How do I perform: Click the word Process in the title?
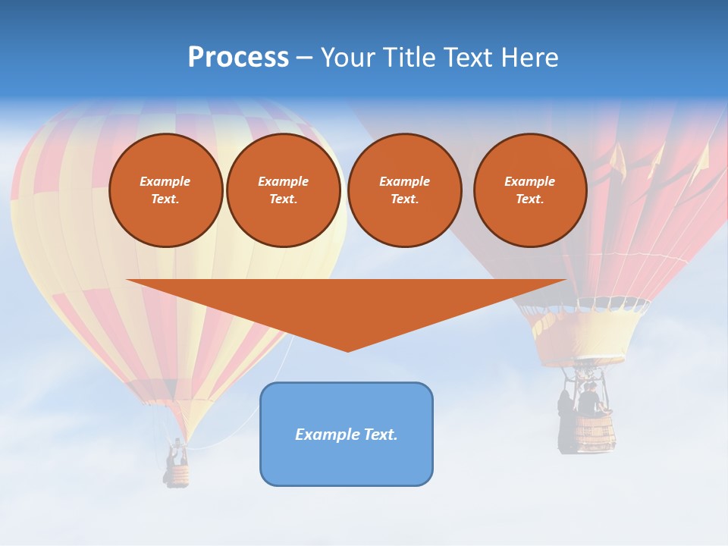point(238,58)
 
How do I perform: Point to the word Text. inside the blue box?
point(381,435)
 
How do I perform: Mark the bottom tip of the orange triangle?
point(347,350)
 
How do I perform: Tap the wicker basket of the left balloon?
point(177,475)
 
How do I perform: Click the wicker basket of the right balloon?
point(594,432)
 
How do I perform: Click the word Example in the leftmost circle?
point(165,181)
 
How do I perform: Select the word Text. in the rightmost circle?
point(529,199)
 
